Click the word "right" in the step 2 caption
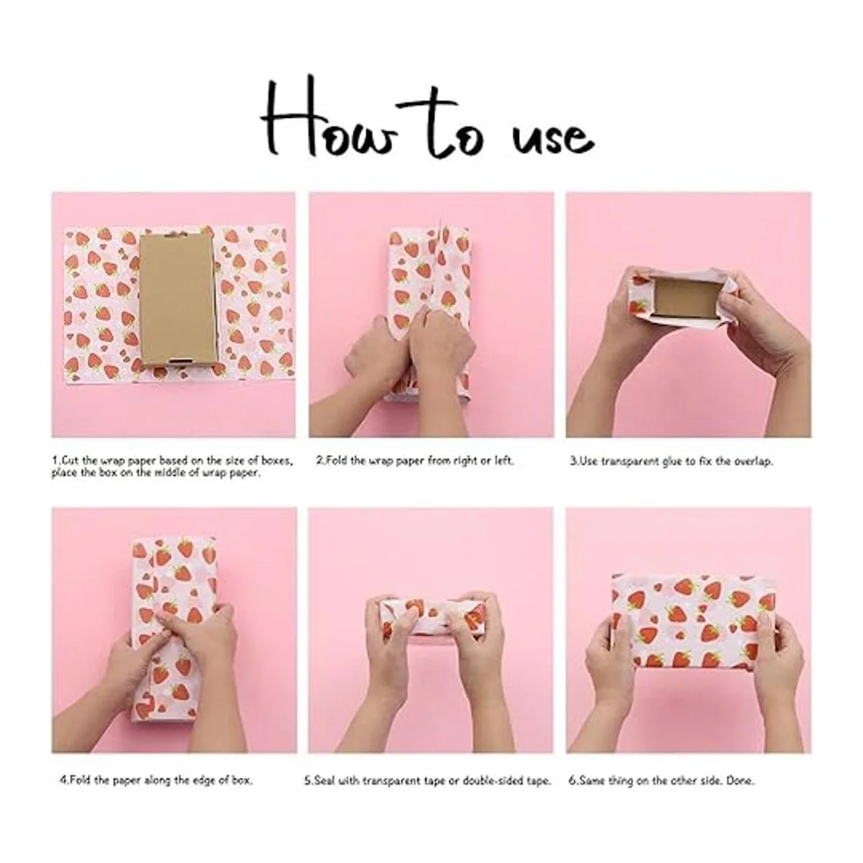pyautogui.click(x=453, y=461)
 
